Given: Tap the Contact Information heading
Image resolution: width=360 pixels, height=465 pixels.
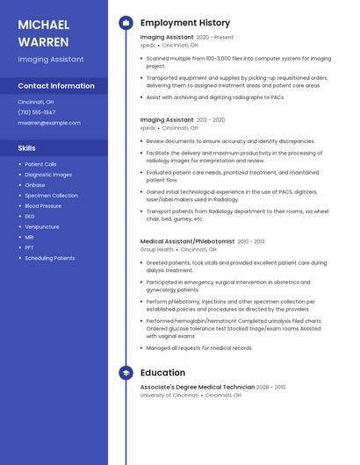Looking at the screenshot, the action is pos(56,86).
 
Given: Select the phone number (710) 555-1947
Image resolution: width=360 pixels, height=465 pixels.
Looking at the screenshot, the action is pos(37,112).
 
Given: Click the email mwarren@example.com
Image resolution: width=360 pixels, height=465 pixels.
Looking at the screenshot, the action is pos(43,123).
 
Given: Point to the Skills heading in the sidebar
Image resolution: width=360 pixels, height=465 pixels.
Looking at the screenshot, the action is pos(27,148).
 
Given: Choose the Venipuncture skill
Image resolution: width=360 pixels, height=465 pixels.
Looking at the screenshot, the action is pos(42,226).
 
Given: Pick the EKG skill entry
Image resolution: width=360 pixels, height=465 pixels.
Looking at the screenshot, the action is pos(30,216).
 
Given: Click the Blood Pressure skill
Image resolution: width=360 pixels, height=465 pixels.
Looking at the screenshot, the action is pos(43,205).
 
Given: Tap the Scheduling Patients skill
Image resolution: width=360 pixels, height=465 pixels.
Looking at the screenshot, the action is pos(50,258).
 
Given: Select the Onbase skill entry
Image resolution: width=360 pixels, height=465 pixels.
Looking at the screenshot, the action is pos(35,185).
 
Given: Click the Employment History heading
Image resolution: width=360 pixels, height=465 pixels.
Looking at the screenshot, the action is pos(185,23).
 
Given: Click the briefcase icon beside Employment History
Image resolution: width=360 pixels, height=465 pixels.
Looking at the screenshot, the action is pos(126,23).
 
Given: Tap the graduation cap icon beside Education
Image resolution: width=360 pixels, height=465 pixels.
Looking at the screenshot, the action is pos(126,373).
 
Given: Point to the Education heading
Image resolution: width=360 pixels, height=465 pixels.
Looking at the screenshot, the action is pos(162,373).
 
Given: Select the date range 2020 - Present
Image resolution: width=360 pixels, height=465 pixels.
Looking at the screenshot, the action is pos(215,38).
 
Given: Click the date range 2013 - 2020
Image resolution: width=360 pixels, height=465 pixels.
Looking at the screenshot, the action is pos(211,120).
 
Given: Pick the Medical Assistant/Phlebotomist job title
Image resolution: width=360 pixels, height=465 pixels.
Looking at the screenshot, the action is pos(187,241).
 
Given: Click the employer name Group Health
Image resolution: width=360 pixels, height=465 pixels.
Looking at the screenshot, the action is pos(157,249).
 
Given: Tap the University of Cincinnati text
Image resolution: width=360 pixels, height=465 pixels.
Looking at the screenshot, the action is pos(169,395).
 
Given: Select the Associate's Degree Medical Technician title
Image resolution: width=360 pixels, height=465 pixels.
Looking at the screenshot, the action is pos(197,387).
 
